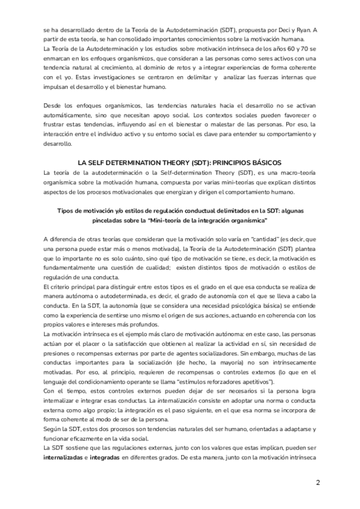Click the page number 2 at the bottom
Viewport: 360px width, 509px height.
coord(318,483)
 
